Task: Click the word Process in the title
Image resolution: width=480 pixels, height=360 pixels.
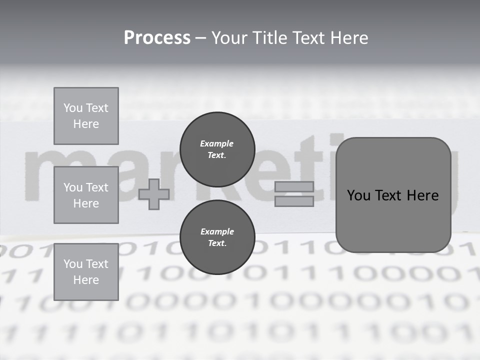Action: point(157,38)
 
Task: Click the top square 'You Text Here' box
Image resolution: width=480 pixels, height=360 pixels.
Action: point(86,116)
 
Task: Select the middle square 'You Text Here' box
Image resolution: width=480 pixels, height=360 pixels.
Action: point(86,195)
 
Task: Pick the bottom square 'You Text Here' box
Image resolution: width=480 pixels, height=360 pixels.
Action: point(86,271)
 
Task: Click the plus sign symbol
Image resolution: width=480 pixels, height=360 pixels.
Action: point(154,194)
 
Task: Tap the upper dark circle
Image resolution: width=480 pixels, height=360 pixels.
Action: point(217,149)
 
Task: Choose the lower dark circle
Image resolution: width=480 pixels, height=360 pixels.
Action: point(217,237)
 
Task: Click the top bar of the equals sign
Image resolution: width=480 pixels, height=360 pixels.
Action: point(294,187)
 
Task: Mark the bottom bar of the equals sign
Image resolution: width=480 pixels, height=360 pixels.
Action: point(294,201)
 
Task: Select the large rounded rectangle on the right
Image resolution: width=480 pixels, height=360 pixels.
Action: point(393,194)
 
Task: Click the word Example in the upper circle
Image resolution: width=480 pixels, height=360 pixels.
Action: point(216,143)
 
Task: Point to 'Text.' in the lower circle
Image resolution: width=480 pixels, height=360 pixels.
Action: point(216,243)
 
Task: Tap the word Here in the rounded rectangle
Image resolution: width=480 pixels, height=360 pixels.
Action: point(423,195)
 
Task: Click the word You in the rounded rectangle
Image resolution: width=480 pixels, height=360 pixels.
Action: point(359,195)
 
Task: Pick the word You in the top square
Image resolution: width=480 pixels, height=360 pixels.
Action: point(73,108)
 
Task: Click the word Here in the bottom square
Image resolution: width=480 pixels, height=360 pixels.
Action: point(86,280)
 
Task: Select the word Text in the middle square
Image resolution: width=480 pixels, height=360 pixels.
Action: point(97,187)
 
